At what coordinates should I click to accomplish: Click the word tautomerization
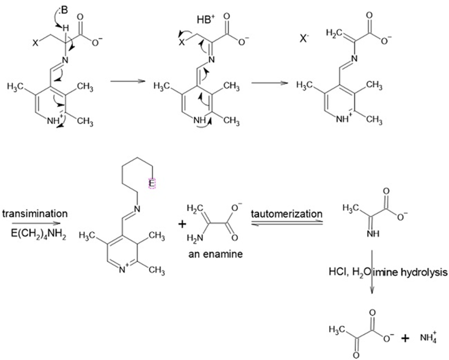[286, 214]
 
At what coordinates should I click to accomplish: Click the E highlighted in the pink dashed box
[152, 183]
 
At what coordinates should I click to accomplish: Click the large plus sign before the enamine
[182, 224]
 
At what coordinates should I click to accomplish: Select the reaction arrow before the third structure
[269, 83]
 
